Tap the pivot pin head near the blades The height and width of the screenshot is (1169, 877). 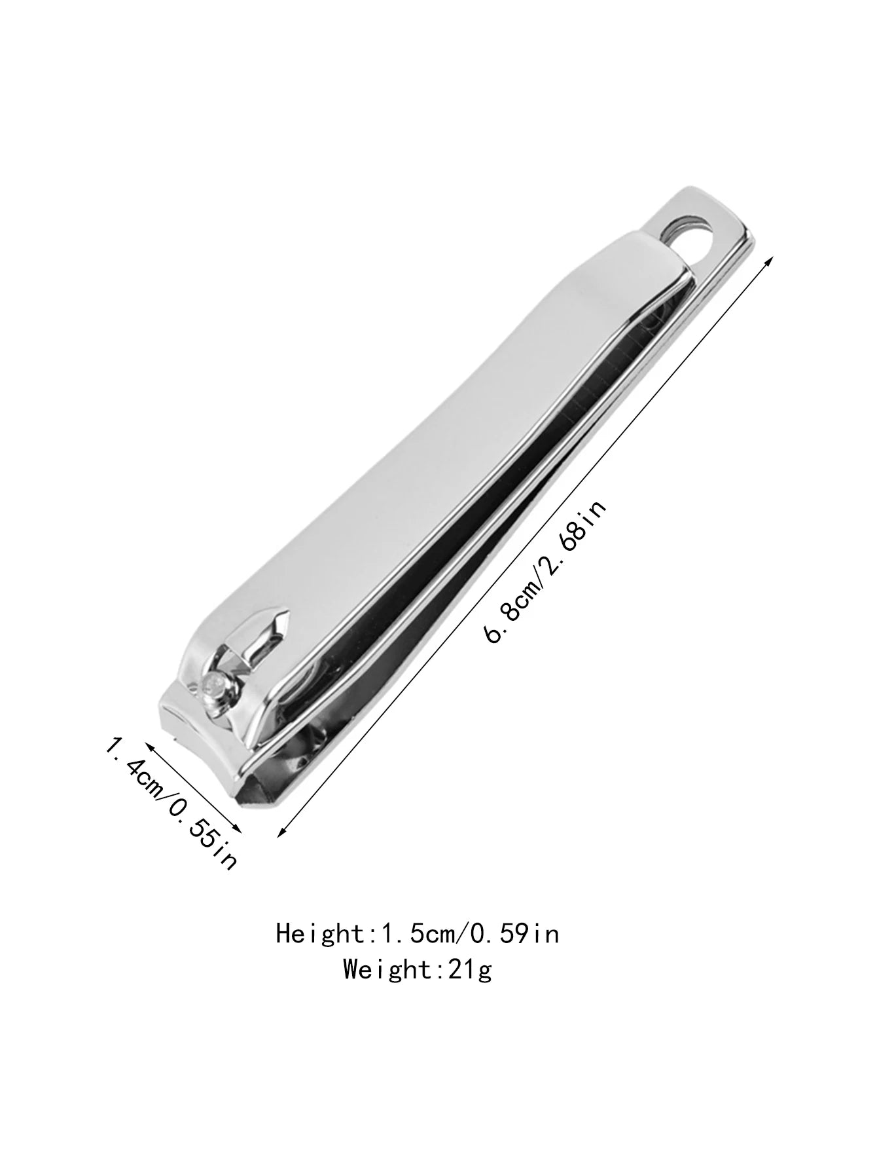213,686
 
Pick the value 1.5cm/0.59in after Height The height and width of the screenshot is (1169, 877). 466,933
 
